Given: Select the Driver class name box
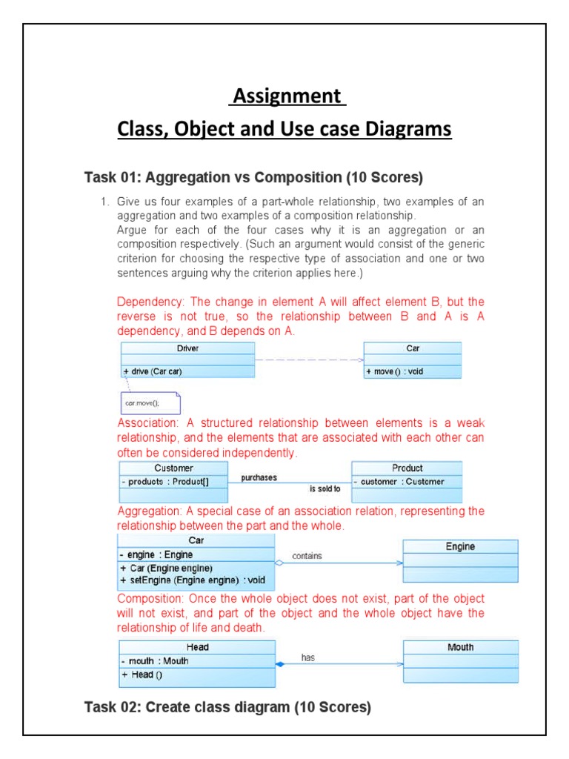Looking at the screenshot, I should (187, 348).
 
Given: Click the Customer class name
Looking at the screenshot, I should (173, 468).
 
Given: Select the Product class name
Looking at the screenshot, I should (407, 468).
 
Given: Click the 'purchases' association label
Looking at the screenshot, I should (259, 478).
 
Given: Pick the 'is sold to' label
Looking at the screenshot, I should (325, 489).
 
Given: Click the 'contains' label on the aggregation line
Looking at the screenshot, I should (307, 556).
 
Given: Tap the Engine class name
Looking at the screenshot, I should (460, 547).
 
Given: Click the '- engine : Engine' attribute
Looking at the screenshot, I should (156, 554).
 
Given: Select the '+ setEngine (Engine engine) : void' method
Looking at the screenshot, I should (191, 580).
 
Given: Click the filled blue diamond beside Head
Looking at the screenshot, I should (280, 664).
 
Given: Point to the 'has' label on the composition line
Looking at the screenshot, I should (308, 657).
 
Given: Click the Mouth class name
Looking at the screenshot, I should (460, 648).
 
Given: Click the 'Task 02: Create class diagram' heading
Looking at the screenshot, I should (227, 707).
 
